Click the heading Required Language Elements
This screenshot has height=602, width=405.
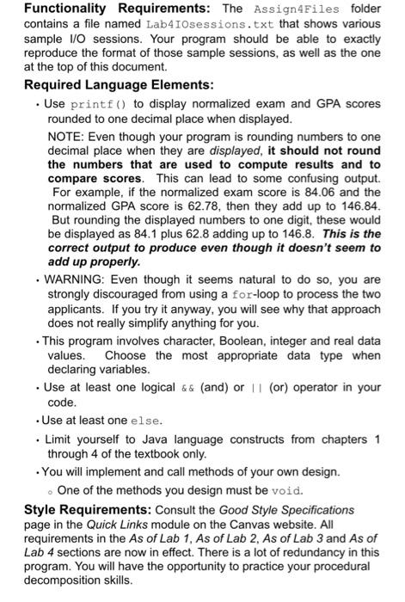[114, 84]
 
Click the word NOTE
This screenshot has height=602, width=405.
[66, 137]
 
